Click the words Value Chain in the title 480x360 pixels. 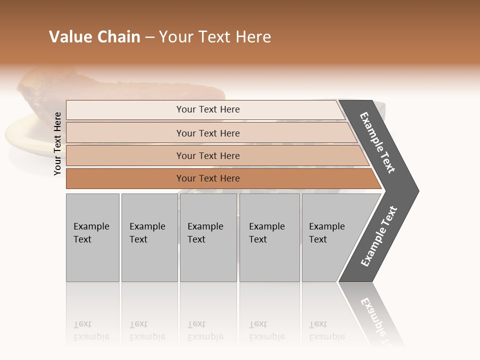click(94, 37)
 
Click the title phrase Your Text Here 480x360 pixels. click(215, 37)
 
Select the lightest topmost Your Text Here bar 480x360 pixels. click(208, 109)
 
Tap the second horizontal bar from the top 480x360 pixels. click(208, 133)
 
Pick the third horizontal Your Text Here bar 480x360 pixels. click(208, 155)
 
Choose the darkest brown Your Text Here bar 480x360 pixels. click(208, 178)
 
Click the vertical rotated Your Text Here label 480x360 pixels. click(57, 144)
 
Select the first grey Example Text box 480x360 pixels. click(92, 237)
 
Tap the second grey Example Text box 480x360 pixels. click(149, 237)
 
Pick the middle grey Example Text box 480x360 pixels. click(208, 237)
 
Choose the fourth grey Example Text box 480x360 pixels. click(269, 237)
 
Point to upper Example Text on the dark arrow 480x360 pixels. click(377, 142)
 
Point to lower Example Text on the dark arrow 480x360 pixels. click(379, 236)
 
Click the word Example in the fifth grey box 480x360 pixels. click(326, 226)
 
